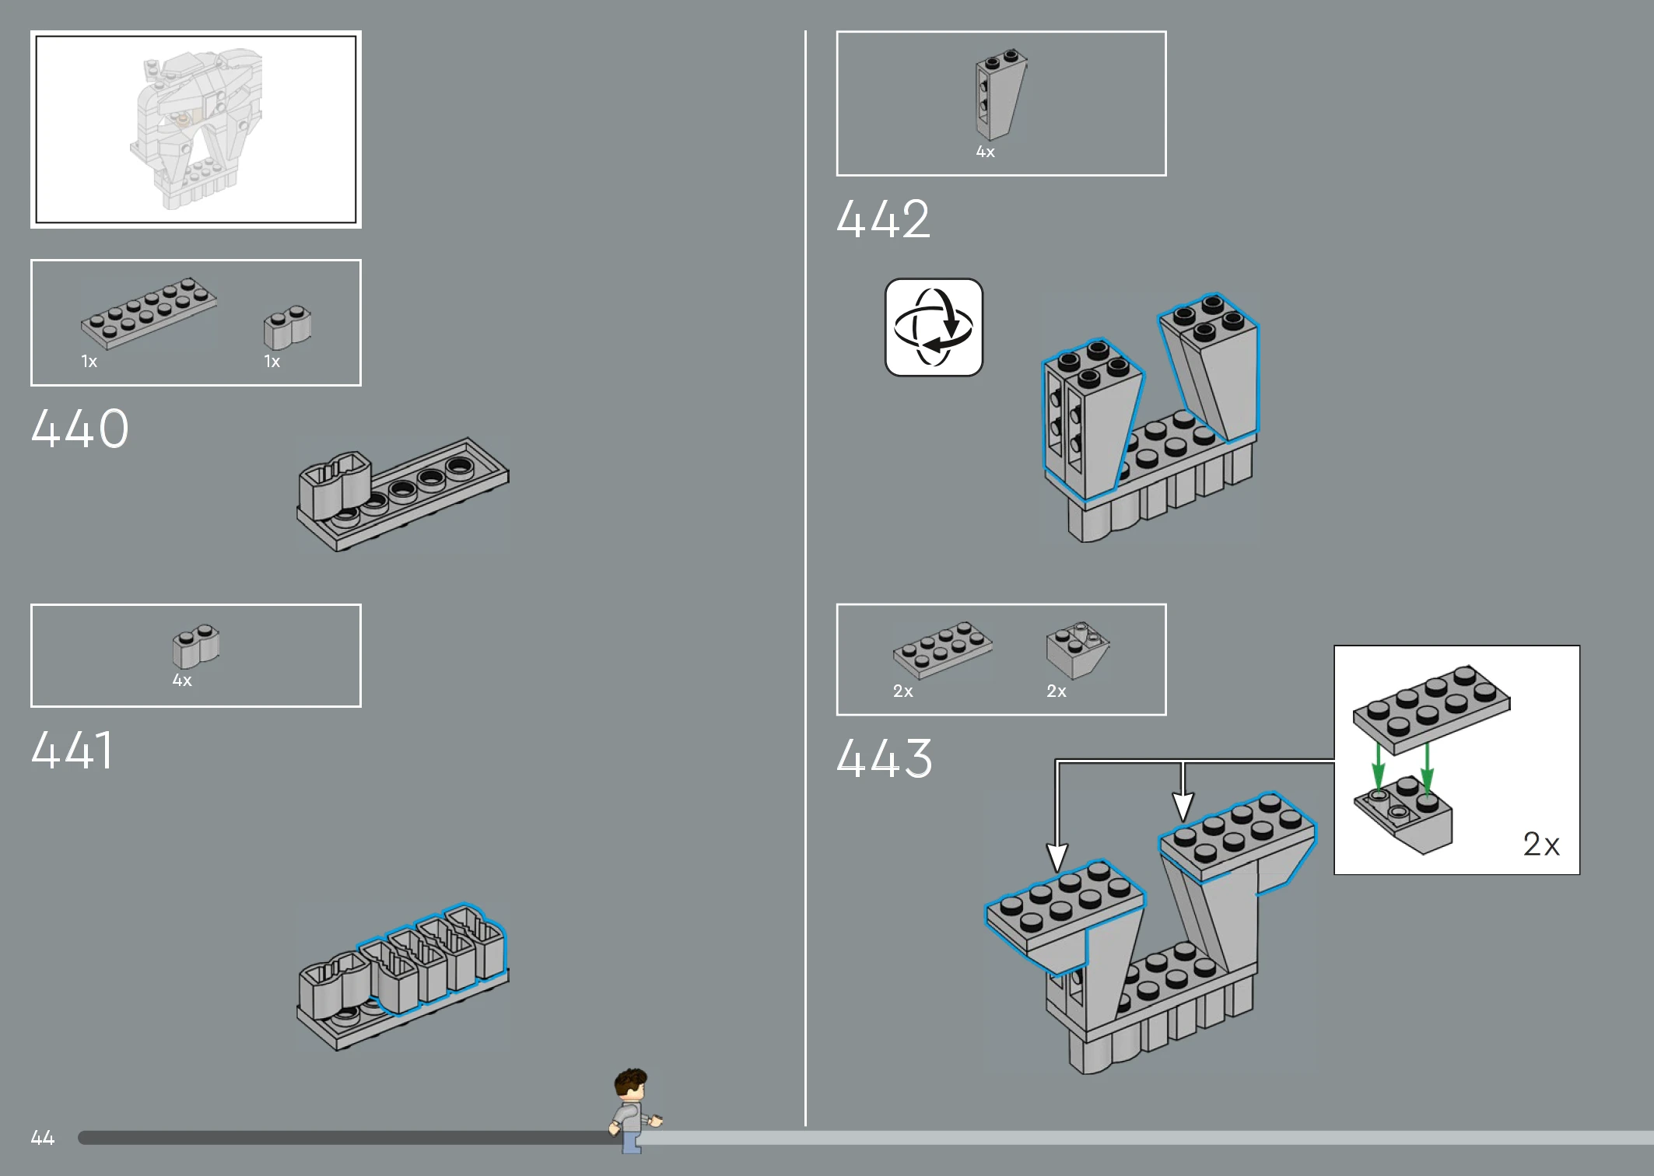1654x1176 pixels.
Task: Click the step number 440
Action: point(80,429)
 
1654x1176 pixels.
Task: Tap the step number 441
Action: point(72,751)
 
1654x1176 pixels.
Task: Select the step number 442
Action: point(883,219)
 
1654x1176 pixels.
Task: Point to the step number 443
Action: point(885,758)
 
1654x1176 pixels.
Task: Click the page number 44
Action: point(43,1138)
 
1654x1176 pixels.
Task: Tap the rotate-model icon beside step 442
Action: point(934,327)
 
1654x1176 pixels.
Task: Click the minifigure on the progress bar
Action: point(635,1111)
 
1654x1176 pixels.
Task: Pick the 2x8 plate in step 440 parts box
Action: point(149,313)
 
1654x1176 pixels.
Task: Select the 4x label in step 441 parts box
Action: point(182,681)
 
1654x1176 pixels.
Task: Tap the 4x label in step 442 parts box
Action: point(986,152)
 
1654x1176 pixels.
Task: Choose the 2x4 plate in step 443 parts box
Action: point(943,649)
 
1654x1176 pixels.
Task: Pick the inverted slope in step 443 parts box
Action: point(1078,650)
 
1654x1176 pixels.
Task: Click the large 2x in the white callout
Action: point(1541,845)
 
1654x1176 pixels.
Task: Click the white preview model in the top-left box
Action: point(196,129)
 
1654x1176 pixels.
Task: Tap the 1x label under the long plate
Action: point(89,362)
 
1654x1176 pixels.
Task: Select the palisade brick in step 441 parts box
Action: point(196,646)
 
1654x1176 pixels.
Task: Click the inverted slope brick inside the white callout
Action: point(1403,815)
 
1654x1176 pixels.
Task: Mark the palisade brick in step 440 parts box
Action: point(287,327)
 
